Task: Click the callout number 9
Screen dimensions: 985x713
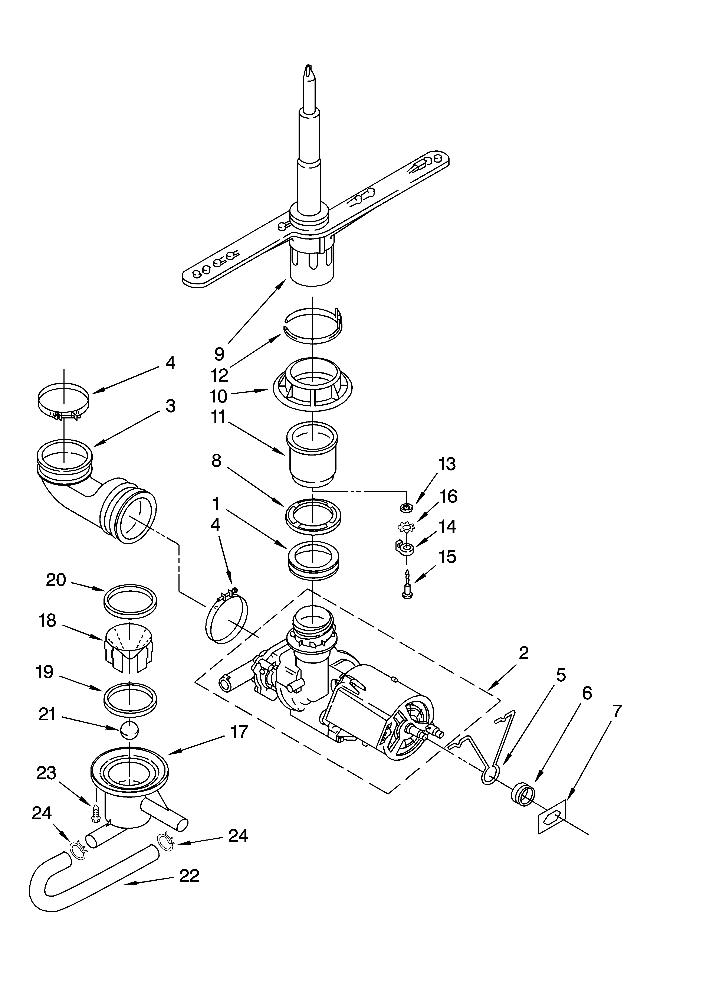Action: coord(219,354)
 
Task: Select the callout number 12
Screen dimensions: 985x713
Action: coord(220,375)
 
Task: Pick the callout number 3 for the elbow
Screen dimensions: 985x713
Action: coord(171,406)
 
